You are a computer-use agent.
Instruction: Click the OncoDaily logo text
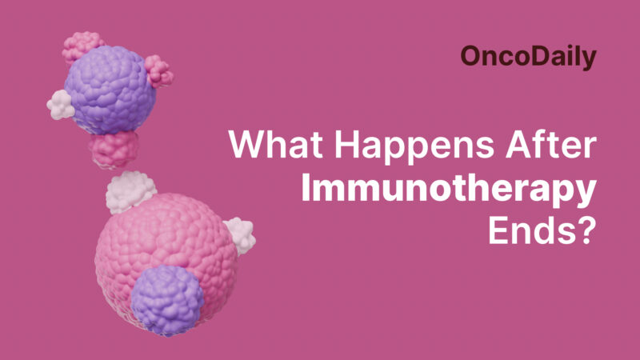(529, 56)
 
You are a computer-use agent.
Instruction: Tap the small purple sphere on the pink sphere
(168, 301)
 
